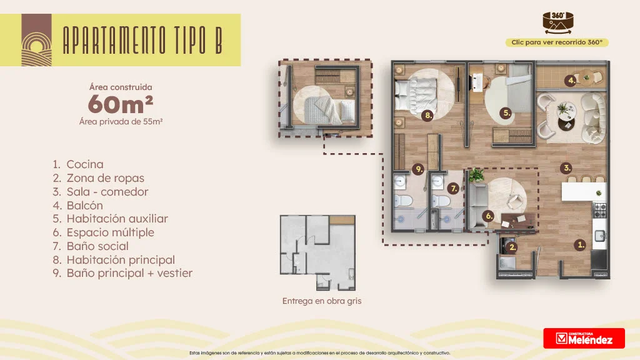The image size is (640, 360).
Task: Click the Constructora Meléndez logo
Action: point(584,338)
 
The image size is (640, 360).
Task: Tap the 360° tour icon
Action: point(558,22)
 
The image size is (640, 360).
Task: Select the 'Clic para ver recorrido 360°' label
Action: point(557,42)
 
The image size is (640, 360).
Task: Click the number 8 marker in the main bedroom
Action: point(427,116)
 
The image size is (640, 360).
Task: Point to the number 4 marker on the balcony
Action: point(571,81)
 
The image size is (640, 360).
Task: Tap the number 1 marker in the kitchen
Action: point(580,245)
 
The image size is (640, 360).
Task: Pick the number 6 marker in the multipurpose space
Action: point(488,216)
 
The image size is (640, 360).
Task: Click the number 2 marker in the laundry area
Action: point(512,247)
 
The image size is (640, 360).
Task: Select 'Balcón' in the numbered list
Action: point(85,205)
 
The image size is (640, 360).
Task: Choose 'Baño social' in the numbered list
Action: point(97,246)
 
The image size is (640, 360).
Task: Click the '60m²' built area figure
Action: point(121,104)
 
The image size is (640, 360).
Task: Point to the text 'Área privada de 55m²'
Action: point(121,122)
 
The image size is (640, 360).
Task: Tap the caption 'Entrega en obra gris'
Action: point(322,301)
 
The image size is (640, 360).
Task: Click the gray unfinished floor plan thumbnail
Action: point(317,252)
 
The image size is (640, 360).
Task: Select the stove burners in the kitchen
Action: point(599,210)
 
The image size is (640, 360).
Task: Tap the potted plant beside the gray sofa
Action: point(476,176)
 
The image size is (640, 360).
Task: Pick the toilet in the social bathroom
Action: point(441,201)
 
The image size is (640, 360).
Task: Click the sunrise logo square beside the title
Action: point(37,40)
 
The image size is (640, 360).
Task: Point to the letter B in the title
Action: point(219,40)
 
